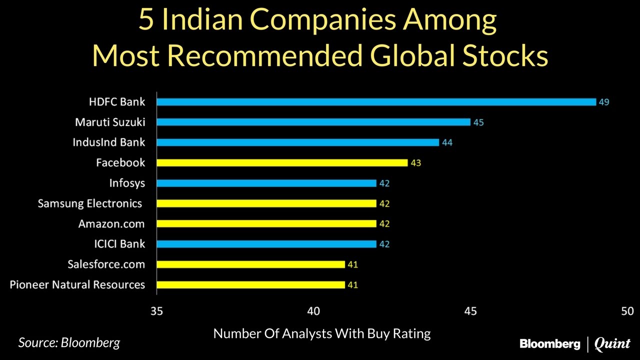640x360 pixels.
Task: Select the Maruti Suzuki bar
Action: tap(313, 122)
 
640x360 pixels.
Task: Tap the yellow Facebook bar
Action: tap(282, 162)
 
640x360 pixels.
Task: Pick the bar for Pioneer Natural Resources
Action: tap(250, 285)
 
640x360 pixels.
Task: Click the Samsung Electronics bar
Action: tap(266, 203)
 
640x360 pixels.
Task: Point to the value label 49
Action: tap(604, 102)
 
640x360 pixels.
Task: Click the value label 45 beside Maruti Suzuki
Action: tap(478, 122)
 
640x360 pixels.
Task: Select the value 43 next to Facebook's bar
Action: tap(415, 163)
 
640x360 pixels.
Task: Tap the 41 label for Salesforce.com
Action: tap(352, 264)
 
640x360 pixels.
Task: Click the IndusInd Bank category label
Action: tap(108, 142)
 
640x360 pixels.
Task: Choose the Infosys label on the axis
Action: tap(127, 183)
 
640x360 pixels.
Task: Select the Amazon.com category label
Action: tap(111, 224)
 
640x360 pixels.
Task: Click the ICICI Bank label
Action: tap(119, 244)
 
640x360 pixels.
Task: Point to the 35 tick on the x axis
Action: tap(156, 311)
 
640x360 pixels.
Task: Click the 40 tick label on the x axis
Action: tap(313, 311)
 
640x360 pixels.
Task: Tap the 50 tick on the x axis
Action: tap(627, 311)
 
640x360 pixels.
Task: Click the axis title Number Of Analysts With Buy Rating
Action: tap(322, 333)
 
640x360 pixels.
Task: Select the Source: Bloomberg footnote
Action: tap(69, 343)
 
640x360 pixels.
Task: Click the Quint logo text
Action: tap(612, 344)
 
